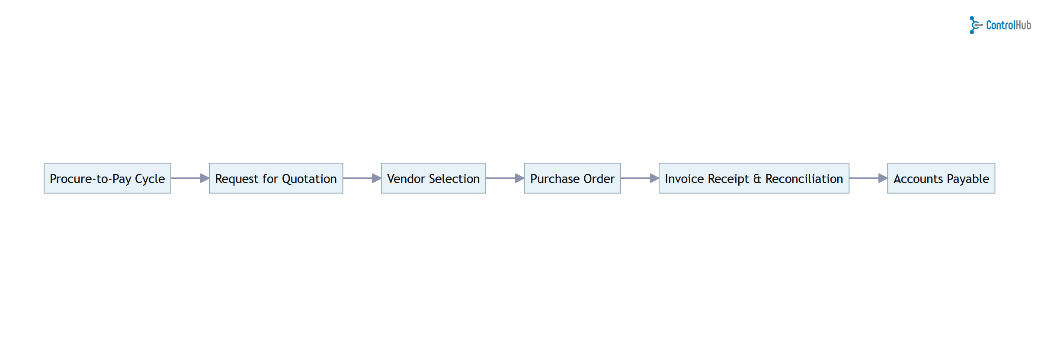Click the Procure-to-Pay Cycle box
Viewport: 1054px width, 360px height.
point(107,178)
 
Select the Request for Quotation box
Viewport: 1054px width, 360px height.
point(276,178)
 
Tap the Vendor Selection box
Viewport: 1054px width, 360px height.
point(433,178)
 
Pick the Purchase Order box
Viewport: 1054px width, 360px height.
point(572,178)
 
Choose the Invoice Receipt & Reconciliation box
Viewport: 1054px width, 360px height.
point(754,178)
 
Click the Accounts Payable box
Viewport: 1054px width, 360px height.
point(941,178)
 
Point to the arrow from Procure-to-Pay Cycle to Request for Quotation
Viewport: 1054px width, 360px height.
point(189,178)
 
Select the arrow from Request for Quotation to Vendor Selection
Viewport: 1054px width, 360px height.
point(362,178)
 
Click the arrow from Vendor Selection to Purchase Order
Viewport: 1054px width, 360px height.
point(504,178)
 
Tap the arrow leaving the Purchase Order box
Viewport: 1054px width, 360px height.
point(639,178)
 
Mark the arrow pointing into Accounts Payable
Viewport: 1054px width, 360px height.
point(868,178)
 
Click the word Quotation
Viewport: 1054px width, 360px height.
point(309,179)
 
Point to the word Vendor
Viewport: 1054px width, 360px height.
point(406,179)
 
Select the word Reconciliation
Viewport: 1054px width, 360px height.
point(804,179)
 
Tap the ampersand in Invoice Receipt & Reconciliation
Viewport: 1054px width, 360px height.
point(757,179)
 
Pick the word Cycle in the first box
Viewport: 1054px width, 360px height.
point(150,179)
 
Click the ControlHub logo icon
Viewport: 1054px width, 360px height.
point(975,25)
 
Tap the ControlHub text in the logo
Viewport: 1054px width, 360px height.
point(1009,25)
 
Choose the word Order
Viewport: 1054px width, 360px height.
point(599,179)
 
